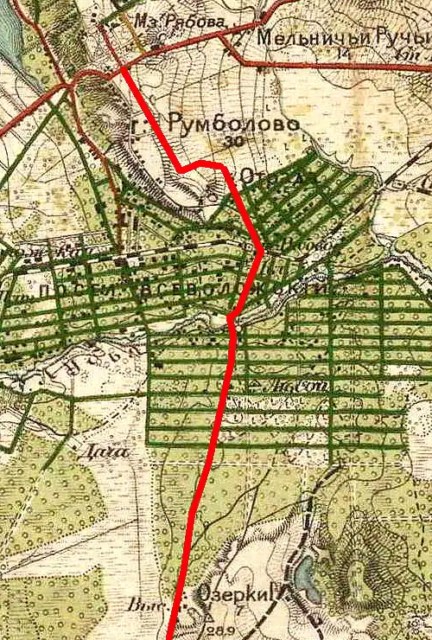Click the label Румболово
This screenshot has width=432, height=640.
click(234, 125)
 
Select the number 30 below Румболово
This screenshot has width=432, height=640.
click(231, 141)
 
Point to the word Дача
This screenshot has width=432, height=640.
click(100, 450)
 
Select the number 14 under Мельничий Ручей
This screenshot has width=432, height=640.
click(345, 54)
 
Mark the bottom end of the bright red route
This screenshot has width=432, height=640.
click(171, 637)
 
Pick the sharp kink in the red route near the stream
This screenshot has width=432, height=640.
click(229, 321)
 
